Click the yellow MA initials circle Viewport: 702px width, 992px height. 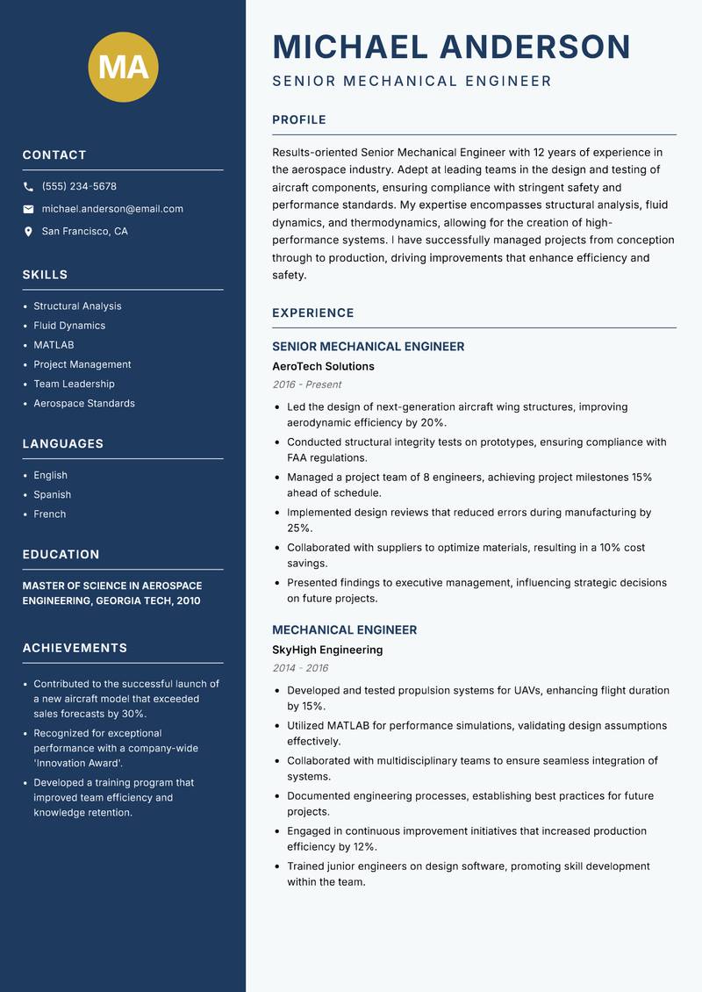click(x=124, y=67)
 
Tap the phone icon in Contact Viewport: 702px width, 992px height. click(x=28, y=187)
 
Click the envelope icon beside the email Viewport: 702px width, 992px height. click(x=28, y=209)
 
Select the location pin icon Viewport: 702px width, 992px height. click(x=28, y=232)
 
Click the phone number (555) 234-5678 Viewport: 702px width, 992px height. click(x=79, y=187)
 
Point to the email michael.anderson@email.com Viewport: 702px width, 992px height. click(x=112, y=209)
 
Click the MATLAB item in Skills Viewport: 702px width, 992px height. click(x=54, y=345)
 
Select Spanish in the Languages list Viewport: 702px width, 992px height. click(x=52, y=494)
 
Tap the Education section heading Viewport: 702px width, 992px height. click(x=61, y=555)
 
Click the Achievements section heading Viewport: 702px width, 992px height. click(x=75, y=648)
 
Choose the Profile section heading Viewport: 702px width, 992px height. click(x=298, y=120)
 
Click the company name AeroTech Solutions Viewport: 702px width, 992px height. click(x=323, y=366)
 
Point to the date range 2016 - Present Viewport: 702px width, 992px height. click(x=306, y=385)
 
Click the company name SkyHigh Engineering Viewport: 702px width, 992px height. click(x=327, y=650)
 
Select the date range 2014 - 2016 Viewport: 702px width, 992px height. click(x=300, y=668)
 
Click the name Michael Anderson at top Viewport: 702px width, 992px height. click(x=451, y=47)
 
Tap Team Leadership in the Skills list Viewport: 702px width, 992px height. click(x=74, y=384)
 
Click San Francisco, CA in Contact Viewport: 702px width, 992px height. click(x=84, y=232)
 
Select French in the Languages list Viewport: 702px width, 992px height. click(x=49, y=514)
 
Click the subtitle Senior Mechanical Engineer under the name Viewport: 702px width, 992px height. click(x=412, y=82)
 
